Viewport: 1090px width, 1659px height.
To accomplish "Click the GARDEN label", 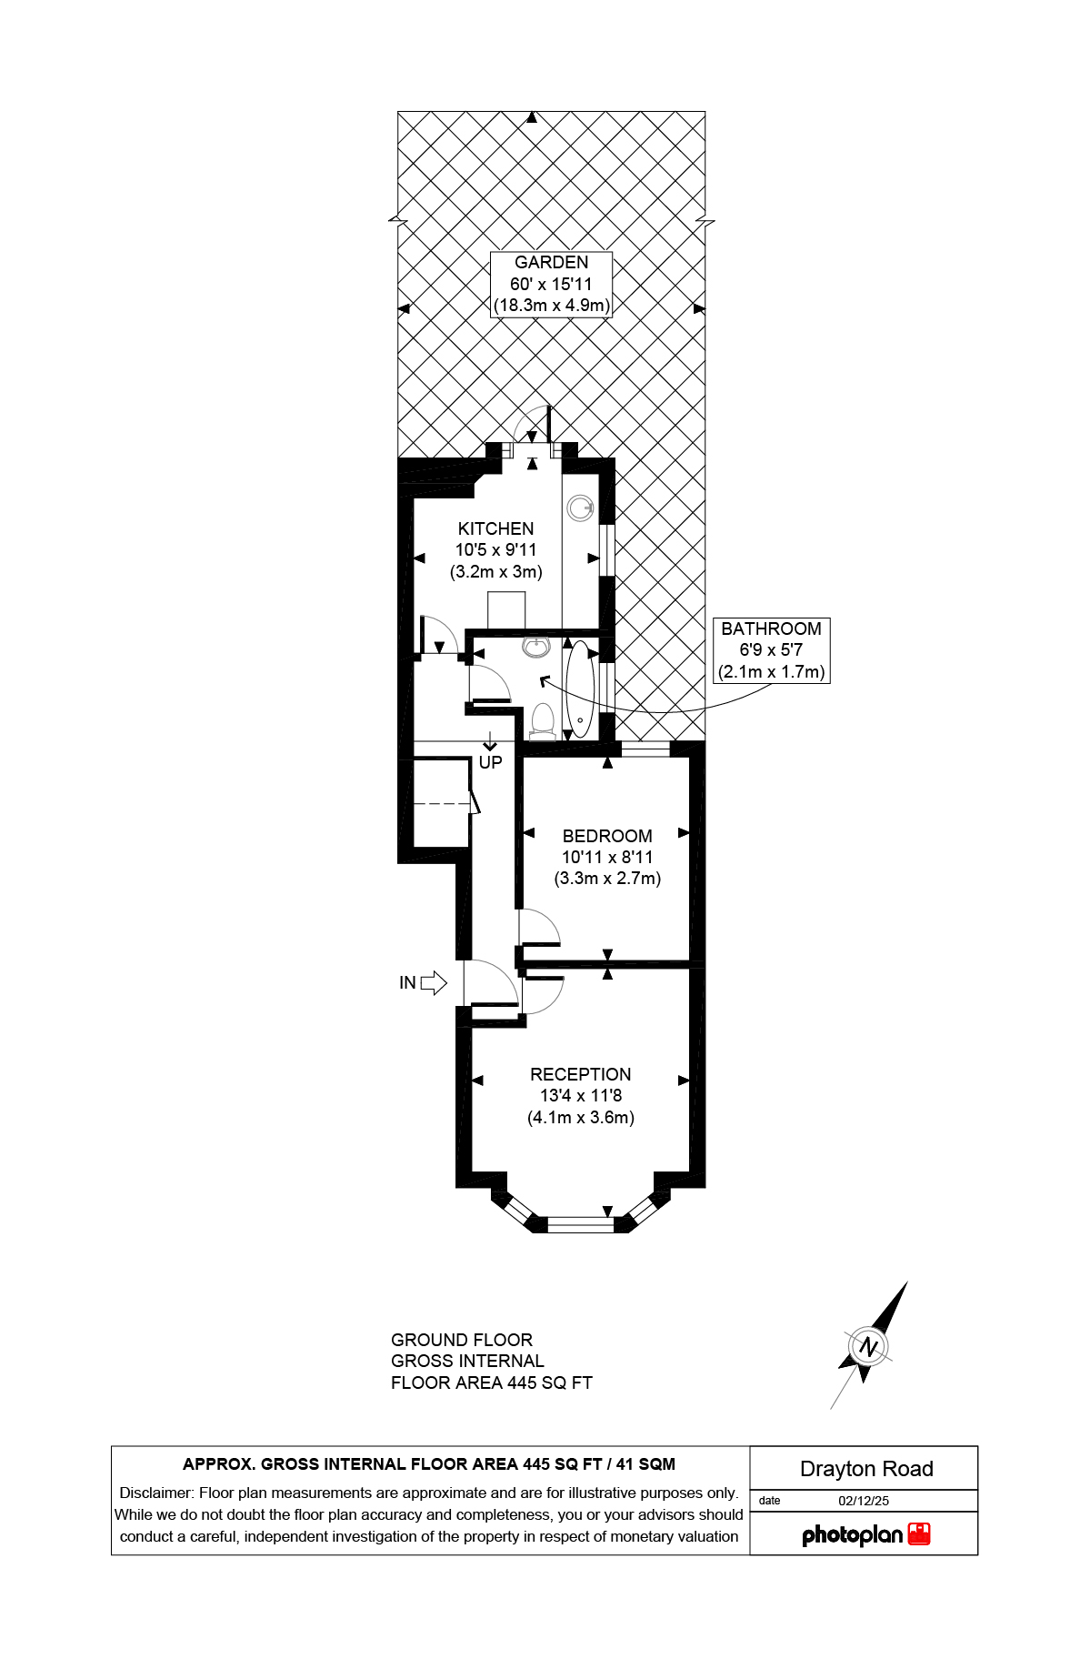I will click(551, 262).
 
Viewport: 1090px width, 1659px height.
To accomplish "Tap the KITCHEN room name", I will click(495, 528).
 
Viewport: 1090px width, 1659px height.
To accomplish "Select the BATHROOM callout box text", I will click(771, 628).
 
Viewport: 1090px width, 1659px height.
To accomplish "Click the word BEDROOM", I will click(606, 836).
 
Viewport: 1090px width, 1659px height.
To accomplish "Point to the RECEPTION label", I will click(580, 1074).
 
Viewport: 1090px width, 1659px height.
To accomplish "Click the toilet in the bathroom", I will click(543, 720).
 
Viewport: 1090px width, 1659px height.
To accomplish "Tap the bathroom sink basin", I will click(536, 647).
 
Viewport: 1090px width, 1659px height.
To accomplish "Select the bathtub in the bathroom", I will click(580, 689).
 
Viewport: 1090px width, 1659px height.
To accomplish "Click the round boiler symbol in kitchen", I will click(580, 508).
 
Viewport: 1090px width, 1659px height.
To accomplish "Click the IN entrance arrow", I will click(434, 982).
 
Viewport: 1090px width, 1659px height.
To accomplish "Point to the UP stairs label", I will click(490, 762).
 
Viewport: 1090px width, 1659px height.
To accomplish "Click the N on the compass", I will click(869, 1347).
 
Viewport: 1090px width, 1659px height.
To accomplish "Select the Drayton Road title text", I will click(865, 1469).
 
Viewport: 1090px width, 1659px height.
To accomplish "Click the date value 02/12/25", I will click(864, 1501).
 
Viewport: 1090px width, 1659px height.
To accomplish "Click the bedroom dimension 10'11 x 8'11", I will click(606, 857).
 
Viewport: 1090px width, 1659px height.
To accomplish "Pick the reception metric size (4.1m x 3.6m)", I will click(580, 1117).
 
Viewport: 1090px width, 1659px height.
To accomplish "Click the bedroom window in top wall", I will click(645, 750).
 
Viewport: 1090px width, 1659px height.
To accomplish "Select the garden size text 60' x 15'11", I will click(551, 284).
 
